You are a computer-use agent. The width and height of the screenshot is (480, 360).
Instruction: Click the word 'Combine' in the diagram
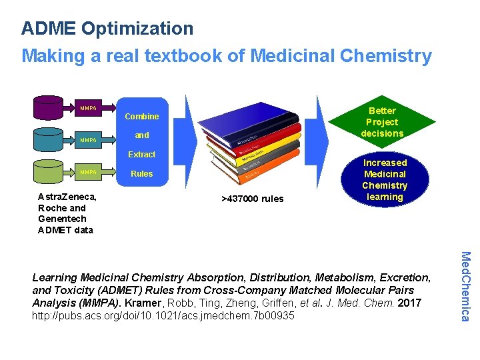(x=142, y=117)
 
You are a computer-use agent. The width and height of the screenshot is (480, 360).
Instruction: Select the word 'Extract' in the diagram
(x=142, y=154)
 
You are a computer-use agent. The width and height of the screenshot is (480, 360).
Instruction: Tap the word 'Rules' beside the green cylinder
(x=142, y=174)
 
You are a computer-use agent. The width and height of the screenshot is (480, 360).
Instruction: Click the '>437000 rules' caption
(x=252, y=199)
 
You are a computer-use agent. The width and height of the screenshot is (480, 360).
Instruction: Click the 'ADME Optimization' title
(x=107, y=29)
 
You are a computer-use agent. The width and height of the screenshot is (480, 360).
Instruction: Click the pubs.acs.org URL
(x=163, y=315)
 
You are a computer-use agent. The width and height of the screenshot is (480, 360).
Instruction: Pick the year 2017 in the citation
(x=409, y=303)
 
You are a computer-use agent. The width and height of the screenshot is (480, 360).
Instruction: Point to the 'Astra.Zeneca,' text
(x=67, y=197)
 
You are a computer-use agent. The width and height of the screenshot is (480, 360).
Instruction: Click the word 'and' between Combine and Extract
(x=142, y=135)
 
